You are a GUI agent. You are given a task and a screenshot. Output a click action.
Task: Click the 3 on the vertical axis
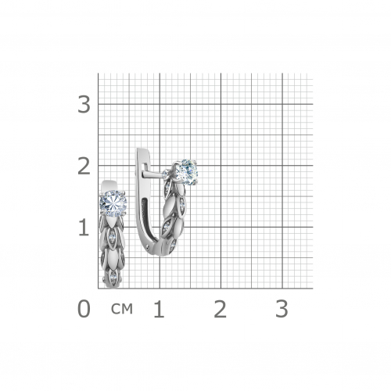84,105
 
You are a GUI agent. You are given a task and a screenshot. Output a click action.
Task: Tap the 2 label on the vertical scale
84,167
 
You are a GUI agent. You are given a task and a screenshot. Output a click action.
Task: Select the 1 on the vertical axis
84,228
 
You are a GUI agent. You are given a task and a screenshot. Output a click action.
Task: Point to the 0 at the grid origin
84,309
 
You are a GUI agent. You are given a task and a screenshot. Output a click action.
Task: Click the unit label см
122,309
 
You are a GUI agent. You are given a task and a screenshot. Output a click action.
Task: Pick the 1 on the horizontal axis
159,309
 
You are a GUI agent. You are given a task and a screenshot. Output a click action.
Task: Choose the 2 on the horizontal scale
220,309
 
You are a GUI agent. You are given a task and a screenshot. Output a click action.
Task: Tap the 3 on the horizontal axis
282,309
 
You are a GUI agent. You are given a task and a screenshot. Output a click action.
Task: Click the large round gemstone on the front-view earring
113,203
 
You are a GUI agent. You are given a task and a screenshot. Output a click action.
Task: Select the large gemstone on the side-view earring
186,172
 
